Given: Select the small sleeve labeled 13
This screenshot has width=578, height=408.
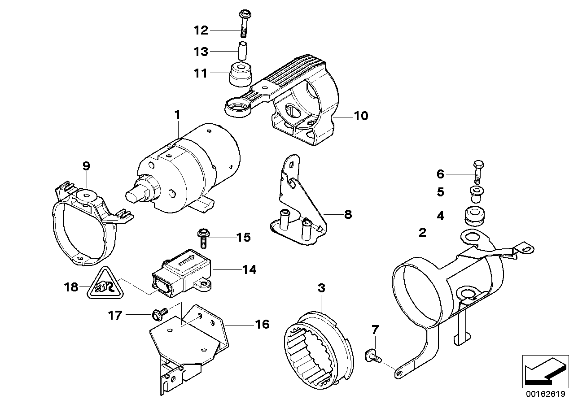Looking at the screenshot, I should (243, 51).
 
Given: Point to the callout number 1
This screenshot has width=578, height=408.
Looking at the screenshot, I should (177, 103).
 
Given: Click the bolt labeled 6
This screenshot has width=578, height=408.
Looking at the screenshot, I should (477, 173).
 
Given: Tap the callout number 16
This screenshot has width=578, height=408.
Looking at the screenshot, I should (262, 324).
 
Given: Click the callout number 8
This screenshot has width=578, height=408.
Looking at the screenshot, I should (348, 215).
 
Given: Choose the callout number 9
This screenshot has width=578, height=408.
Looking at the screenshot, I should (86, 166).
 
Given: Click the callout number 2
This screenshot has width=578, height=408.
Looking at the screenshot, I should (422, 233).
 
